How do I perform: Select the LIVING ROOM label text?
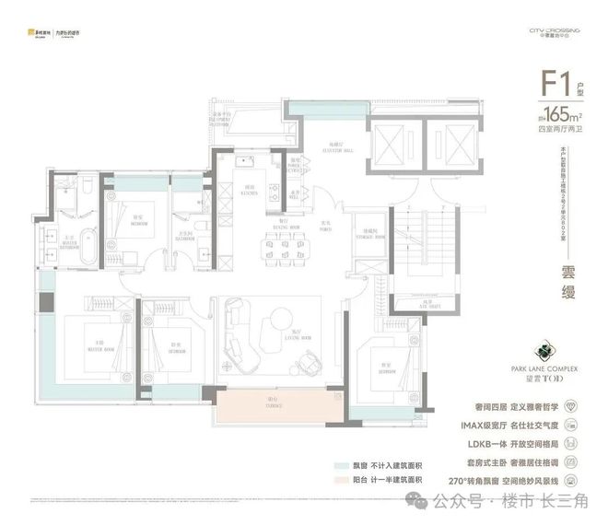coord(298,332)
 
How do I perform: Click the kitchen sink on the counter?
coord(242,163)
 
